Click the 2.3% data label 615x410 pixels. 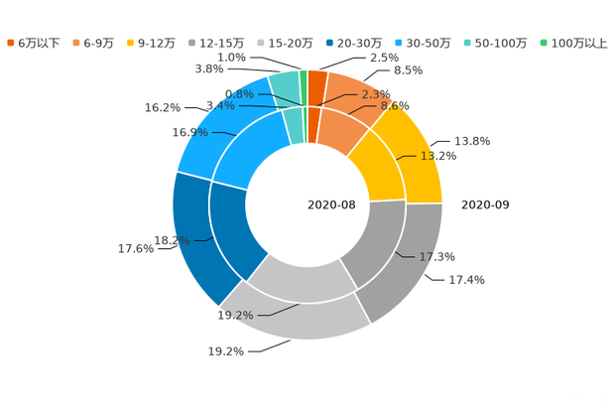click(376, 94)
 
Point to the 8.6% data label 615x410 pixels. click(395, 105)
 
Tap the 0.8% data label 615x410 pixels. click(249, 93)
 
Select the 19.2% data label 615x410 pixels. click(235, 316)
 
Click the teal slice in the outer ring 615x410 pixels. click(285, 84)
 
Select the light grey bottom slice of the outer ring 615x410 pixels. click(288, 317)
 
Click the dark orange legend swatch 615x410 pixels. click(10, 43)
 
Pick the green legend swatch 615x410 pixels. click(543, 43)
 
